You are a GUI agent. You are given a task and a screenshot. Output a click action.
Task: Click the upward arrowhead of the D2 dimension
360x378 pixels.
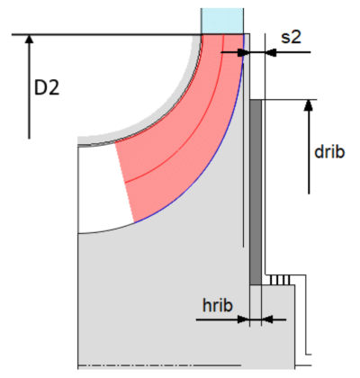coord(30,40)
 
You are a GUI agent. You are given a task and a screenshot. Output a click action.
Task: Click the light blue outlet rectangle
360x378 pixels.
coord(221,21)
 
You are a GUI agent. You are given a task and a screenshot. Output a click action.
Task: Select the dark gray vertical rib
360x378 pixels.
coord(255,189)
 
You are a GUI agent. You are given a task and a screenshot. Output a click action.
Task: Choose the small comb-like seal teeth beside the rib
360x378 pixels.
coord(282,280)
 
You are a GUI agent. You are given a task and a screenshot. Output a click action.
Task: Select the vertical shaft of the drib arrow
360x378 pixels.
coord(309,153)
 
